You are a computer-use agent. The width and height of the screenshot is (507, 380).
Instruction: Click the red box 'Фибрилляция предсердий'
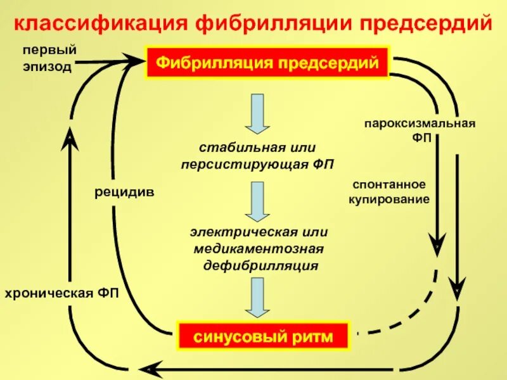267,63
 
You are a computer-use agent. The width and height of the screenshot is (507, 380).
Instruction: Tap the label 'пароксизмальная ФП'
420,129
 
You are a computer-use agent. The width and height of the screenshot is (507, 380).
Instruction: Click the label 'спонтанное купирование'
388,192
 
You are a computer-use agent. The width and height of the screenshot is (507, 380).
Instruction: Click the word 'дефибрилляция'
260,265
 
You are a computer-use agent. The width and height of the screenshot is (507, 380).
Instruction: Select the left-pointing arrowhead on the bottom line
148,369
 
